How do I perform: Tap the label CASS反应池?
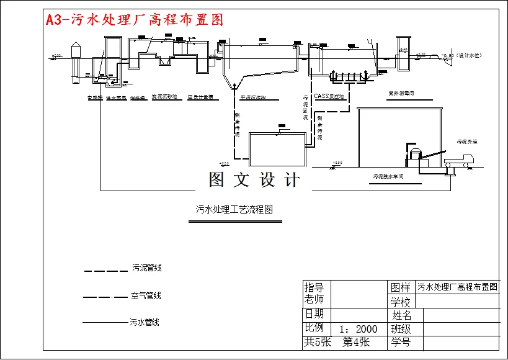coord(329,96)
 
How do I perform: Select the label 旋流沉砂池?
coord(164,97)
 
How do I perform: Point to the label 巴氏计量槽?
coord(200,97)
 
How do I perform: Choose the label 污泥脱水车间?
coord(388,177)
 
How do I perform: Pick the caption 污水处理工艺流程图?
coord(234,210)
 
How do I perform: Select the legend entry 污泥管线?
coord(146,268)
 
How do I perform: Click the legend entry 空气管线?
coord(146,296)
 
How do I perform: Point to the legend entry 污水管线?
coord(145,322)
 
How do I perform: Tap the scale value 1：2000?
coord(359,329)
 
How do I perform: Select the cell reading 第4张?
coord(357,341)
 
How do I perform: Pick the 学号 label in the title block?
coord(401,342)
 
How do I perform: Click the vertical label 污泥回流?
coord(305,107)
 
